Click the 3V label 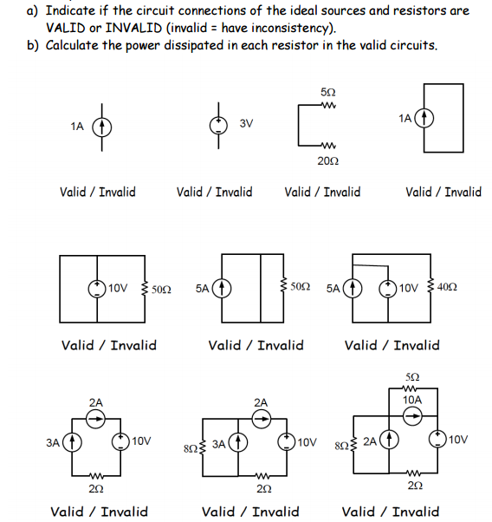point(246,124)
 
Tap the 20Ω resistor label point(327,161)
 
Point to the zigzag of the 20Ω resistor point(327,145)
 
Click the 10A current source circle point(413,416)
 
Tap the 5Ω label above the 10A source point(413,375)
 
